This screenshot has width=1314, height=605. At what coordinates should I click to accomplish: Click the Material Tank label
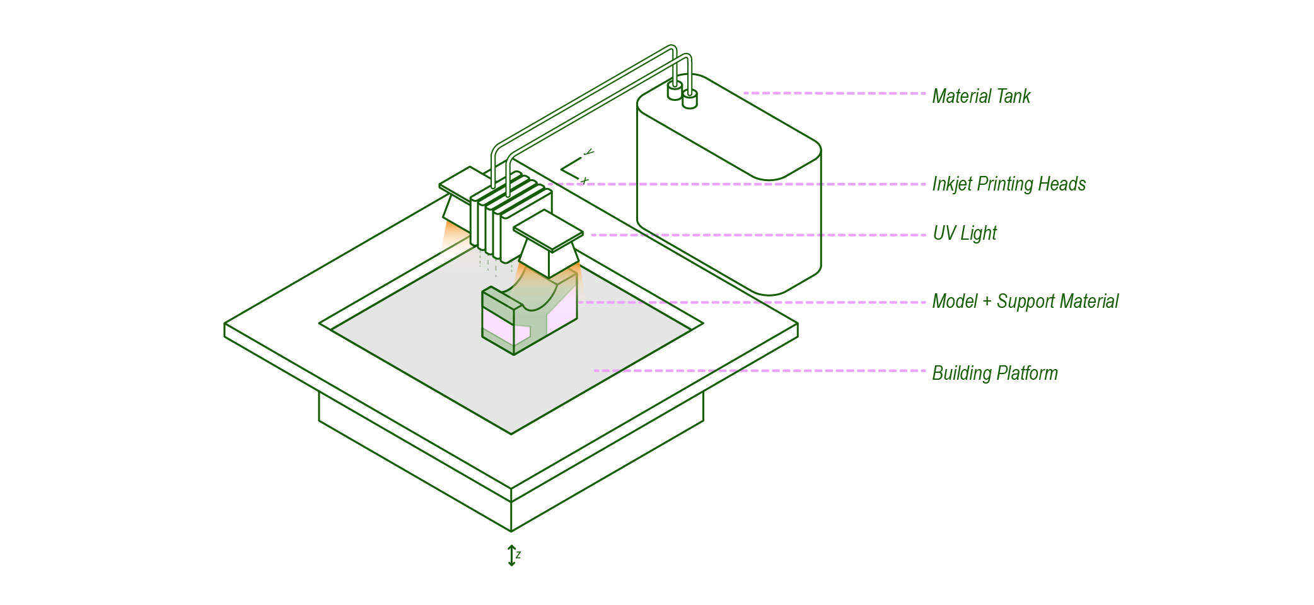pyautogui.click(x=980, y=96)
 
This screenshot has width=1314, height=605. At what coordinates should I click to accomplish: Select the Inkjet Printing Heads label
pyautogui.click(x=1008, y=184)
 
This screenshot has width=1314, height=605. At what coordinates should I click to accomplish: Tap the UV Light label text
pyautogui.click(x=964, y=233)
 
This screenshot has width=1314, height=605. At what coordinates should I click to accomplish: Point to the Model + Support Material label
pyautogui.click(x=1025, y=301)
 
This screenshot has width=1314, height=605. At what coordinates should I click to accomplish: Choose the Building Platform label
pyautogui.click(x=994, y=373)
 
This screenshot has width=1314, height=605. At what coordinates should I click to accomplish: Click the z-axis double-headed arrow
pyautogui.click(x=511, y=555)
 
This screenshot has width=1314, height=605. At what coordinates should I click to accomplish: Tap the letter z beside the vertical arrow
pyautogui.click(x=518, y=555)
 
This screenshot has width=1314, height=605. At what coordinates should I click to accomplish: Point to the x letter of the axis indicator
pyautogui.click(x=584, y=180)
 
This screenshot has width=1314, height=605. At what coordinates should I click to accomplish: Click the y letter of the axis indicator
pyautogui.click(x=588, y=152)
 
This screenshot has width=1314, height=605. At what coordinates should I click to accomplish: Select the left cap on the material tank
pyautogui.click(x=675, y=91)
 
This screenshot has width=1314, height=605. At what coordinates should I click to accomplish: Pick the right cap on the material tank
pyautogui.click(x=690, y=99)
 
